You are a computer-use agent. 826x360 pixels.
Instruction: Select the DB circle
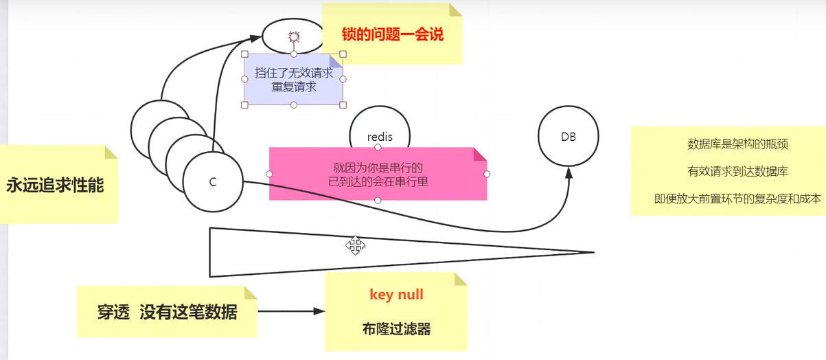pyautogui.click(x=568, y=137)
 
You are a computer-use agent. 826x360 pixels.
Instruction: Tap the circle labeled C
pyautogui.click(x=213, y=182)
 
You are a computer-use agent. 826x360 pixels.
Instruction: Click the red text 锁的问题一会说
pyautogui.click(x=393, y=34)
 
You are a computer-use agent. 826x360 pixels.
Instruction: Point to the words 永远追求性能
pyautogui.click(x=55, y=185)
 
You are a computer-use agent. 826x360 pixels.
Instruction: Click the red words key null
pyautogui.click(x=396, y=295)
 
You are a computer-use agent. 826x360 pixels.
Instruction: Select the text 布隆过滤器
pyautogui.click(x=396, y=329)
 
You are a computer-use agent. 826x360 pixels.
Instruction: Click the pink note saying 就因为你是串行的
pyautogui.click(x=377, y=168)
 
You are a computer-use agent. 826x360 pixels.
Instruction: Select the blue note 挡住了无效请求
pyautogui.click(x=293, y=73)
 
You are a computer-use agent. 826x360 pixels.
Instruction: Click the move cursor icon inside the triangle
pyautogui.click(x=355, y=245)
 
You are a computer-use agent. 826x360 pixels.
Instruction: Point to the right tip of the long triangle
pyautogui.click(x=592, y=252)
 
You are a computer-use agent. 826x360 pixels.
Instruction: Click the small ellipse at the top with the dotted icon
pyautogui.click(x=293, y=36)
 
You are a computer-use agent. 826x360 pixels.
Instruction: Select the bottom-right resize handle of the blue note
pyautogui.click(x=343, y=104)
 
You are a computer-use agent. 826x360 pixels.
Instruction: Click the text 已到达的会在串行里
pyautogui.click(x=377, y=181)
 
